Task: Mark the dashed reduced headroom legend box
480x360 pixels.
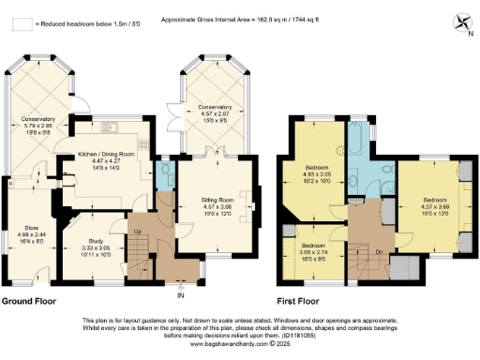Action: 19,21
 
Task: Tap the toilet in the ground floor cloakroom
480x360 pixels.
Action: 165,170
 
